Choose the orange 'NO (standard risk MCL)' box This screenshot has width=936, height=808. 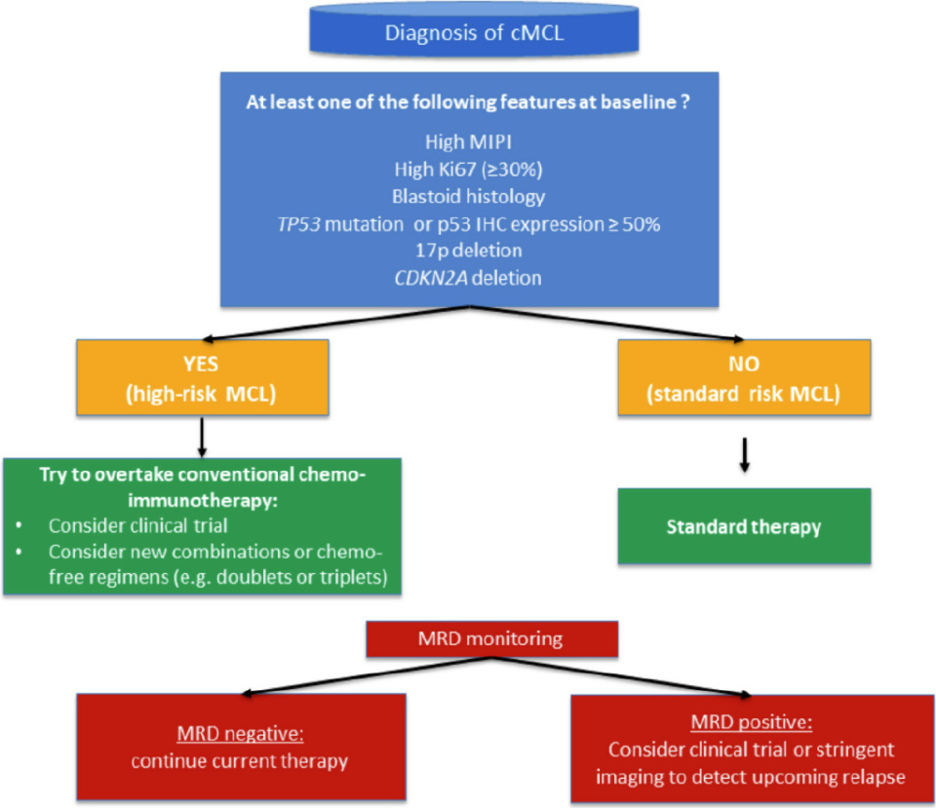pyautogui.click(x=745, y=379)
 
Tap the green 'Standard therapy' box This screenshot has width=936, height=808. pyautogui.click(x=744, y=527)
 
